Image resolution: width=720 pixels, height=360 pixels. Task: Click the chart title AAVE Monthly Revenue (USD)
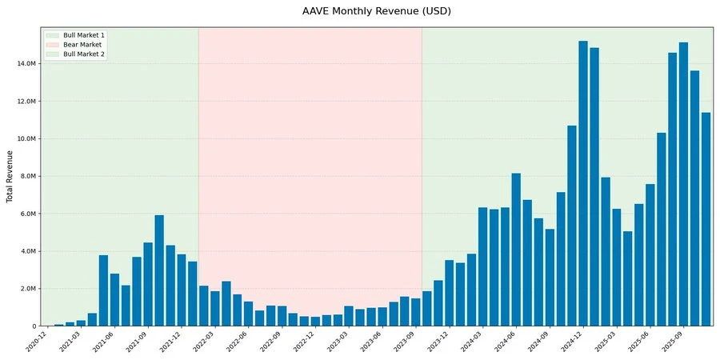pyautogui.click(x=360, y=11)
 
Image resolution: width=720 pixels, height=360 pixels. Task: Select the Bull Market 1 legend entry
pyautogui.click(x=83, y=36)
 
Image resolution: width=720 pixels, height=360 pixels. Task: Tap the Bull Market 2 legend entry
pyautogui.click(x=83, y=54)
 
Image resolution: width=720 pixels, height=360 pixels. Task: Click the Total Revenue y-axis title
pyautogui.click(x=10, y=176)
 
